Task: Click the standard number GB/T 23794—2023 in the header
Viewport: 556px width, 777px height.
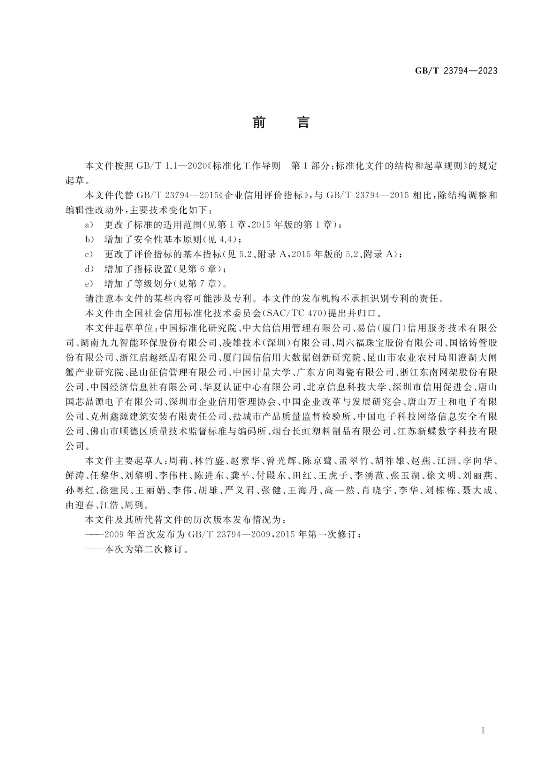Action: point(456,71)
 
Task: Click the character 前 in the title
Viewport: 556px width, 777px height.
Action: point(259,122)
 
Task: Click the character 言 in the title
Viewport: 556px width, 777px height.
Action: point(303,122)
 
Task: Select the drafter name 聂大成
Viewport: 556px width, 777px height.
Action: point(478,491)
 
